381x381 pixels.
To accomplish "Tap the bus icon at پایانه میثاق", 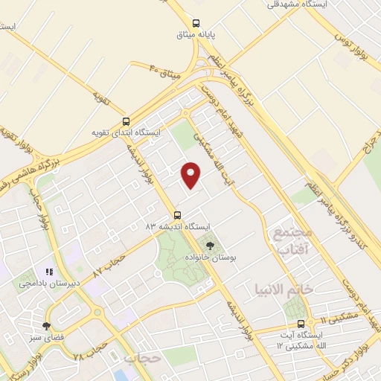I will pos(196,23).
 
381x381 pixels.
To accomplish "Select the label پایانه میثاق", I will pos(196,35).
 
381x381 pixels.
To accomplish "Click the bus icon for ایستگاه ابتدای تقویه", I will pos(126,121).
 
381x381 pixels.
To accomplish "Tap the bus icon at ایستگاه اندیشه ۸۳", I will pos(177,214).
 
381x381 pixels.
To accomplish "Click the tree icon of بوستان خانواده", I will pos(210,245).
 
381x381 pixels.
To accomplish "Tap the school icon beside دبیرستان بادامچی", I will pos(49,272).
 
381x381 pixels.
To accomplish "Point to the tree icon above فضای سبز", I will pos(47,325).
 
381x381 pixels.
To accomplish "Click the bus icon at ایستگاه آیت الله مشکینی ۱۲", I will pos(301,324).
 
